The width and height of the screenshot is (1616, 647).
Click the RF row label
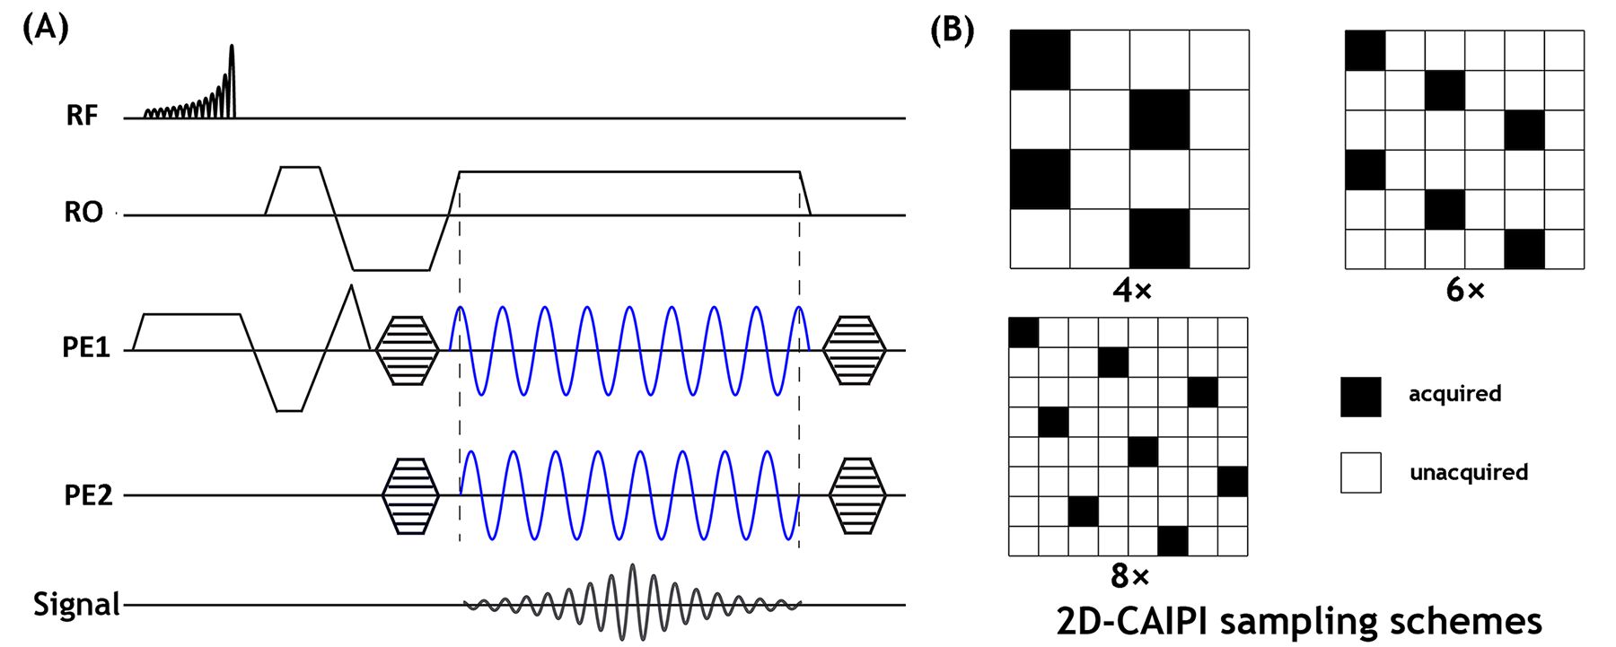coord(82,117)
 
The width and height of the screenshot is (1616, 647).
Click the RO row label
coord(83,213)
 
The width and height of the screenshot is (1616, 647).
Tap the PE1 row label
coord(86,347)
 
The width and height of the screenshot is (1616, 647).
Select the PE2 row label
coord(88,495)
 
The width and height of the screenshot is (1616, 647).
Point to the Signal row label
coord(76,604)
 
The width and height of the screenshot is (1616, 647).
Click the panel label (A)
coord(45,29)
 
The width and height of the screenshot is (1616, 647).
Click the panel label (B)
coord(952,30)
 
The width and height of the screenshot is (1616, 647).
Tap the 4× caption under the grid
coord(1131,290)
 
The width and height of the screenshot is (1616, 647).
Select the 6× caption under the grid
coord(1465,290)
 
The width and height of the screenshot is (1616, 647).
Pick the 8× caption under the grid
coord(1129,575)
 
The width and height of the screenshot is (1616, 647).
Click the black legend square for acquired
coord(1360,396)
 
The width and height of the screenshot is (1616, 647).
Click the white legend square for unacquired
coord(1360,473)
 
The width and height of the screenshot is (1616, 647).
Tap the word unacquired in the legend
coord(1468,473)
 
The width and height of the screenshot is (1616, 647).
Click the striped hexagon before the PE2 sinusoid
coord(410,495)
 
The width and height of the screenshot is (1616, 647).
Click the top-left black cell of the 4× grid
coord(1040,60)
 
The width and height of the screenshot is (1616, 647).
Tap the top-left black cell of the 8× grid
coord(1023,332)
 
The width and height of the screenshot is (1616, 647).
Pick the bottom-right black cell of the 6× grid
coord(1524,249)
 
